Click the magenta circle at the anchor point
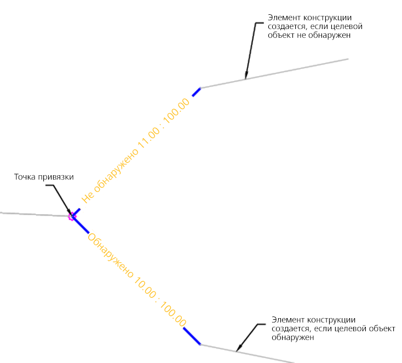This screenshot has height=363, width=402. [71, 216]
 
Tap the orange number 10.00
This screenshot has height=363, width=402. [143, 287]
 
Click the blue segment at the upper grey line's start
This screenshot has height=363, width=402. [196, 92]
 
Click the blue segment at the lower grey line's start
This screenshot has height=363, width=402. [192, 336]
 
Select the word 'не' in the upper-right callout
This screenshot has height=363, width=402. [313, 35]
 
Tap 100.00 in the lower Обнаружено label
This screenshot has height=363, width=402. [174, 315]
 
